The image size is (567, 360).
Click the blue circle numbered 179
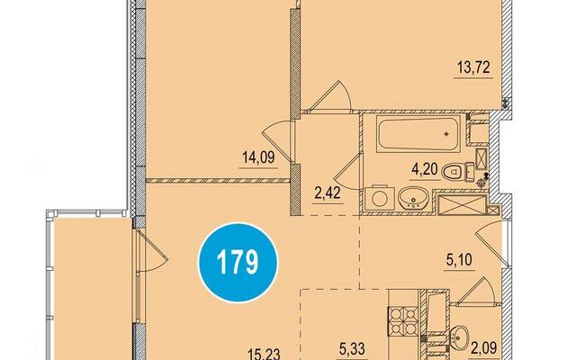[238, 263]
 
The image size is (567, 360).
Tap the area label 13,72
[473, 67]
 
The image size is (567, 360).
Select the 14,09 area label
[258, 157]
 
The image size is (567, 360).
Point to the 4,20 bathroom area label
[425, 169]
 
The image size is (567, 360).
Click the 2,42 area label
[328, 193]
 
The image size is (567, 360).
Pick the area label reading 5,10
[459, 260]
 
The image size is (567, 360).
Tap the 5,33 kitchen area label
[352, 349]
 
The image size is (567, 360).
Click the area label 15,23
[264, 353]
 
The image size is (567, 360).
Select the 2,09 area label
[483, 348]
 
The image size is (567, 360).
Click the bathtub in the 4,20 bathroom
[418, 134]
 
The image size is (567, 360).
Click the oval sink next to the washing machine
[413, 198]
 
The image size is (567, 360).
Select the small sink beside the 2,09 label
[459, 336]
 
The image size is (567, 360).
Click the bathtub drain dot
[447, 134]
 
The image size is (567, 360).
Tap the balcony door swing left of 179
[153, 251]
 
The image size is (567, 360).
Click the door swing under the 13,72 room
[331, 94]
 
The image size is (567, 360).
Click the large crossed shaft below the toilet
[462, 204]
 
